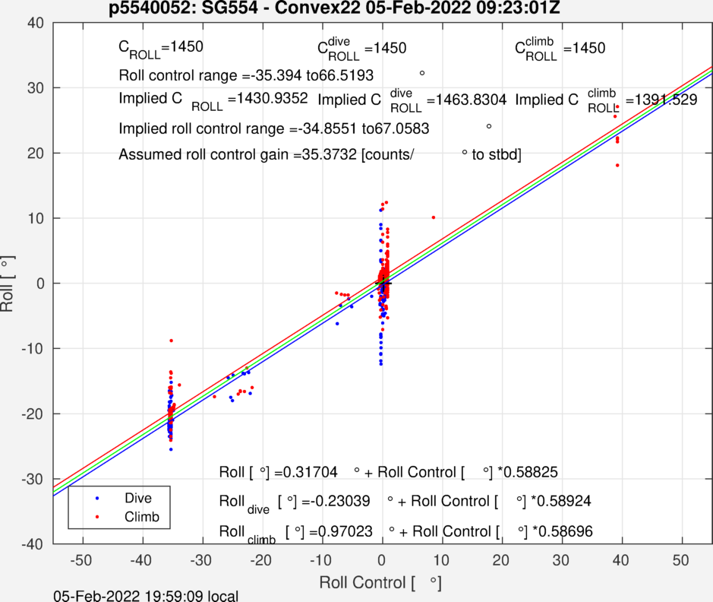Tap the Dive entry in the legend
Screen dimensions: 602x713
coord(138,499)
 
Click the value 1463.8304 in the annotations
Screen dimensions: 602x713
coord(463,100)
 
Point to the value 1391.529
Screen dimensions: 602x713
coord(661,100)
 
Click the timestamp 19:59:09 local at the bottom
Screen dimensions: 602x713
coord(164,596)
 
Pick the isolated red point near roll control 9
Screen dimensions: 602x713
coord(434,217)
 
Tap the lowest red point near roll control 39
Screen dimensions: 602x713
coord(617,165)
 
